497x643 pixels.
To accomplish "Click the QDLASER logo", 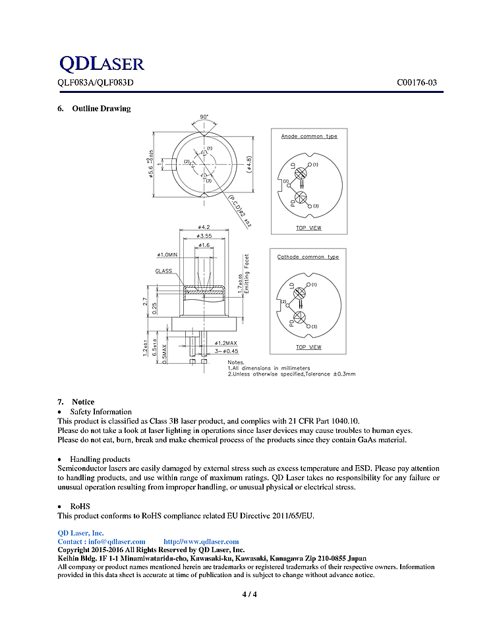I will tap(102, 64).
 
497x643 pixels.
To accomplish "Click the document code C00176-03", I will tap(417, 83).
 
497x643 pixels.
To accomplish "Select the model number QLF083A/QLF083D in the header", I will tap(95, 83).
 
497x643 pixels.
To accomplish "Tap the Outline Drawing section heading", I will tap(101, 109).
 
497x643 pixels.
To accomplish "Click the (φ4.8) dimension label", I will tap(248, 162).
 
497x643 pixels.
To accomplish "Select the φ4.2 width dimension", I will tap(204, 228).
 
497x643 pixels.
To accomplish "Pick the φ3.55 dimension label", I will tap(205, 236).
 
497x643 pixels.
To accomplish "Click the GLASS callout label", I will tap(164, 271).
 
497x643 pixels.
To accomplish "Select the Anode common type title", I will tap(309, 136).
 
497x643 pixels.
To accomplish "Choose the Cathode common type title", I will tap(308, 257).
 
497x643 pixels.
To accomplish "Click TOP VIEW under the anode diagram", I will tap(308, 228).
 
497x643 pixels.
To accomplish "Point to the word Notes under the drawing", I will tap(236, 362).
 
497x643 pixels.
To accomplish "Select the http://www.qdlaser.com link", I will tap(201, 542).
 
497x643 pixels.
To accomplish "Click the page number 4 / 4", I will tap(249, 595).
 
